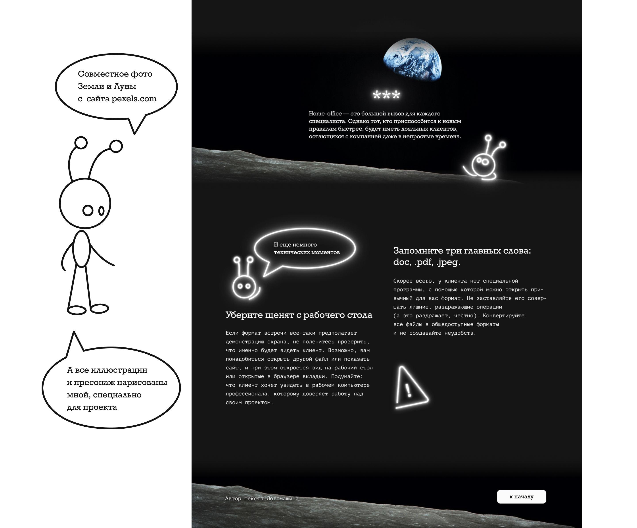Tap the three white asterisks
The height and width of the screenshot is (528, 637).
386,95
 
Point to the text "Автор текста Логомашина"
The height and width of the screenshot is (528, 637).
261,498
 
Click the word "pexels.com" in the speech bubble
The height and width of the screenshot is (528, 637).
134,99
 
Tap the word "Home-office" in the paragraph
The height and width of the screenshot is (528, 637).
325,114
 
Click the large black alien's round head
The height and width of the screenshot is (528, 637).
85,203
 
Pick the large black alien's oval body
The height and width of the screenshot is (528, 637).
81,249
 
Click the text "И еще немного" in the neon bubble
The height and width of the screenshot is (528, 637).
295,245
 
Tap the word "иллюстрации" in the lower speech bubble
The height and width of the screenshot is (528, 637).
119,370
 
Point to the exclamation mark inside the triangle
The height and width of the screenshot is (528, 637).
408,390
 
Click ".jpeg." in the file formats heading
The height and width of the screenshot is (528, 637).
448,262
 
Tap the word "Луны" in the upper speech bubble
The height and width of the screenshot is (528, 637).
125,87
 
